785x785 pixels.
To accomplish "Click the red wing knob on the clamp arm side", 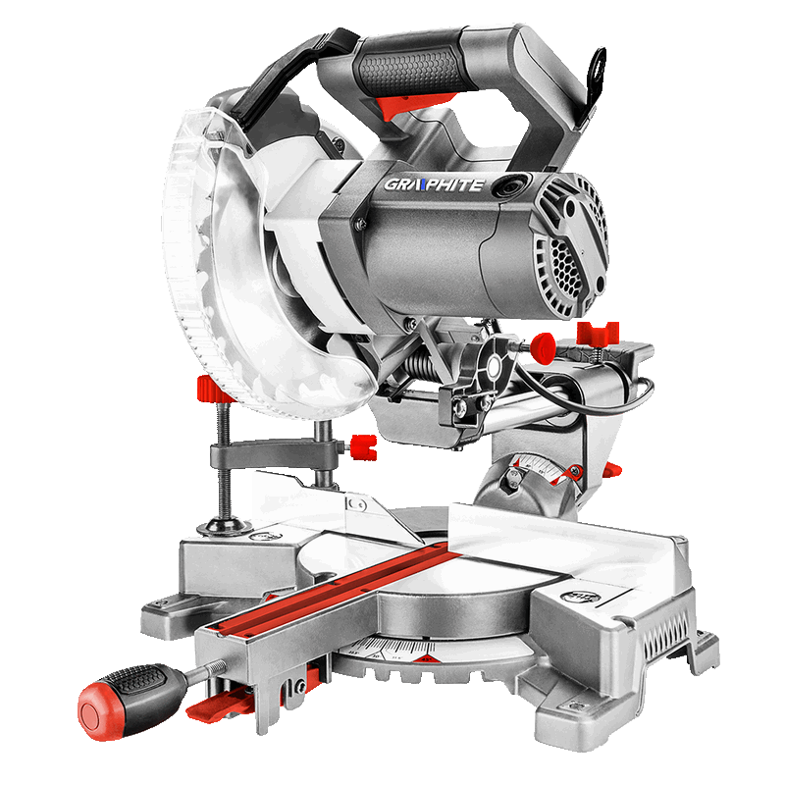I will [364, 448].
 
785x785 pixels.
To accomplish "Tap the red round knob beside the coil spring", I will [541, 345].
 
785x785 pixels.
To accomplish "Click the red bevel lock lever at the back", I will [610, 472].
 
